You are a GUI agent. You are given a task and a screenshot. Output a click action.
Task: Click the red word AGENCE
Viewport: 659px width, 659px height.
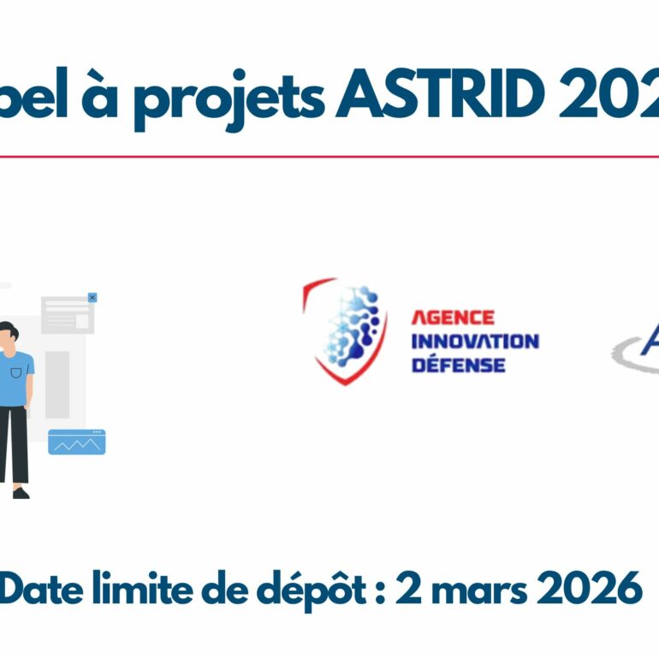[x=453, y=318]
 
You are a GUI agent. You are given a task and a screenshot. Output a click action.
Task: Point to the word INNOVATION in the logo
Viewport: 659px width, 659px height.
[x=475, y=341]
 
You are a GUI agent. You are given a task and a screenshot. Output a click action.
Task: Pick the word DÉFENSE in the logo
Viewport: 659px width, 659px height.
[x=458, y=365]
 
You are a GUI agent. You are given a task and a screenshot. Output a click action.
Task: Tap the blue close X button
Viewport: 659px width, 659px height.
[x=92, y=298]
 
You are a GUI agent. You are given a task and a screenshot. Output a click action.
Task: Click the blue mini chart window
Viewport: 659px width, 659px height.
[x=76, y=442]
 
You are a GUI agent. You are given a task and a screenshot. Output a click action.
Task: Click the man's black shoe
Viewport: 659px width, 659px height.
[x=21, y=493]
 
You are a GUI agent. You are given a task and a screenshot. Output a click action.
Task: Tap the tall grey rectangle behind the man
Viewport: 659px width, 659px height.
[x=57, y=384]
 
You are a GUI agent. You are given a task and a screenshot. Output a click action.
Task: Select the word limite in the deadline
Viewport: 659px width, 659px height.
[x=150, y=589]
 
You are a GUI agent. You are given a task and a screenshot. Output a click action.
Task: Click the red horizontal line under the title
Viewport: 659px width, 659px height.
[x=329, y=157]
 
